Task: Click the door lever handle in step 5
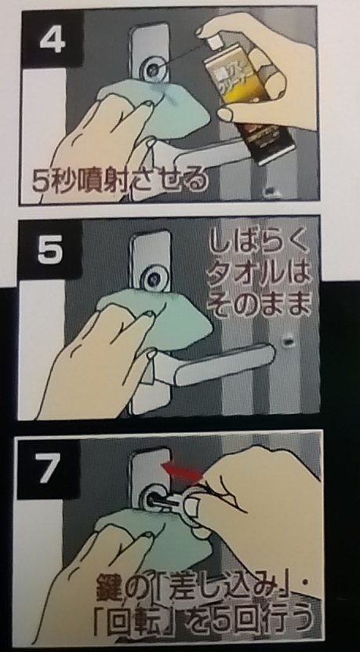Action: click(220, 369)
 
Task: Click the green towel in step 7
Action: click(129, 534)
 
